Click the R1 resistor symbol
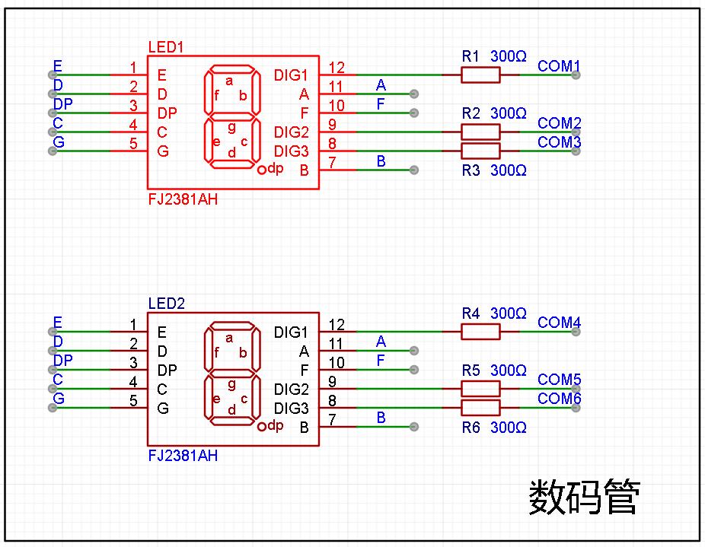[x=480, y=75]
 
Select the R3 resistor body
[x=480, y=151]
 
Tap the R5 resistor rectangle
[x=480, y=389]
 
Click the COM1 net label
[x=559, y=66]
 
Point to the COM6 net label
[x=560, y=398]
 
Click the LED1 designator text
[x=166, y=47]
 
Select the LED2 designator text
[x=167, y=304]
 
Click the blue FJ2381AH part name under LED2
[x=183, y=456]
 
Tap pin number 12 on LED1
[x=337, y=68]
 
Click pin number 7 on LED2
[x=332, y=419]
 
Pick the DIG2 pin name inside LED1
[x=292, y=132]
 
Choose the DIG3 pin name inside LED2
[x=292, y=408]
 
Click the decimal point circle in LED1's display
[x=262, y=170]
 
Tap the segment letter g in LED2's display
[x=231, y=384]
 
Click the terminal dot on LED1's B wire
[x=414, y=170]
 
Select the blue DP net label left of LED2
[x=63, y=361]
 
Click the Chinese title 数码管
[x=585, y=497]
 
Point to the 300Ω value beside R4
[x=509, y=313]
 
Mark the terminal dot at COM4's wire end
[x=576, y=332]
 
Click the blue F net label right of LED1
[x=381, y=104]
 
